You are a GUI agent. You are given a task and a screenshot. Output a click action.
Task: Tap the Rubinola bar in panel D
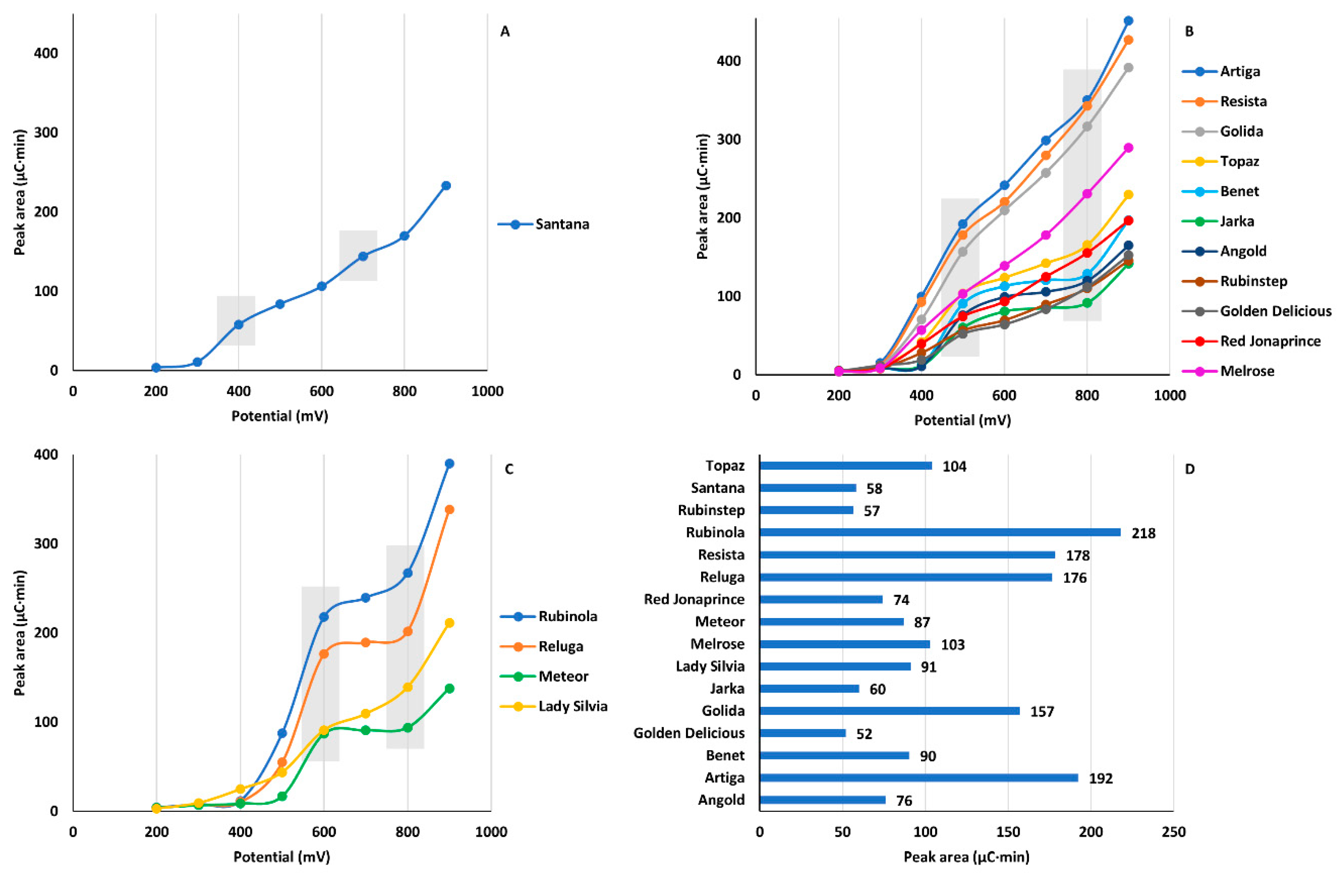click(940, 532)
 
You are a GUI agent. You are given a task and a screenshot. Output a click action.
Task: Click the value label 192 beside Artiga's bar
click(1101, 779)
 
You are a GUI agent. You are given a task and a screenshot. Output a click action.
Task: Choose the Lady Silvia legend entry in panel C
click(573, 707)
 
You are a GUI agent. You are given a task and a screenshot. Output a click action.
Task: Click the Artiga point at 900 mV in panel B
click(1128, 21)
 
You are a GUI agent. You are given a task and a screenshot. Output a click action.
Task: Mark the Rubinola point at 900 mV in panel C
click(449, 464)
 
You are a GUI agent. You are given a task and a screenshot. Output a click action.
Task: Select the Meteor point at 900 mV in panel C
click(449, 689)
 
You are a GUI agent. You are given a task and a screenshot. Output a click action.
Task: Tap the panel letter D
click(1189, 469)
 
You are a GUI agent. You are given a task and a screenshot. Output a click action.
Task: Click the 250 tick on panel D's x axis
click(1174, 831)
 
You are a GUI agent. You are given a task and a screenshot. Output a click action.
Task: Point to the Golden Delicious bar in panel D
click(802, 733)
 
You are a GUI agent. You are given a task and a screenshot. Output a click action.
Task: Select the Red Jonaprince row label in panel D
click(694, 600)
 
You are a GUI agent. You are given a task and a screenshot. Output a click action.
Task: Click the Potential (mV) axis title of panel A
click(280, 416)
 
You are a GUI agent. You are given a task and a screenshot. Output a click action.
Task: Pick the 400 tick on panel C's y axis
click(46, 455)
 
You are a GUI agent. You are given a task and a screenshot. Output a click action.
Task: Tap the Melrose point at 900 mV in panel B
click(1128, 148)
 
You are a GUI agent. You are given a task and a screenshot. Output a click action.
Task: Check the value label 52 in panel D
click(864, 734)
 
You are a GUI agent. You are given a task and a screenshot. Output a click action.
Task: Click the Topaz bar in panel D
click(845, 466)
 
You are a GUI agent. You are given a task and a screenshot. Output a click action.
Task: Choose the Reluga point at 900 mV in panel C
click(449, 510)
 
